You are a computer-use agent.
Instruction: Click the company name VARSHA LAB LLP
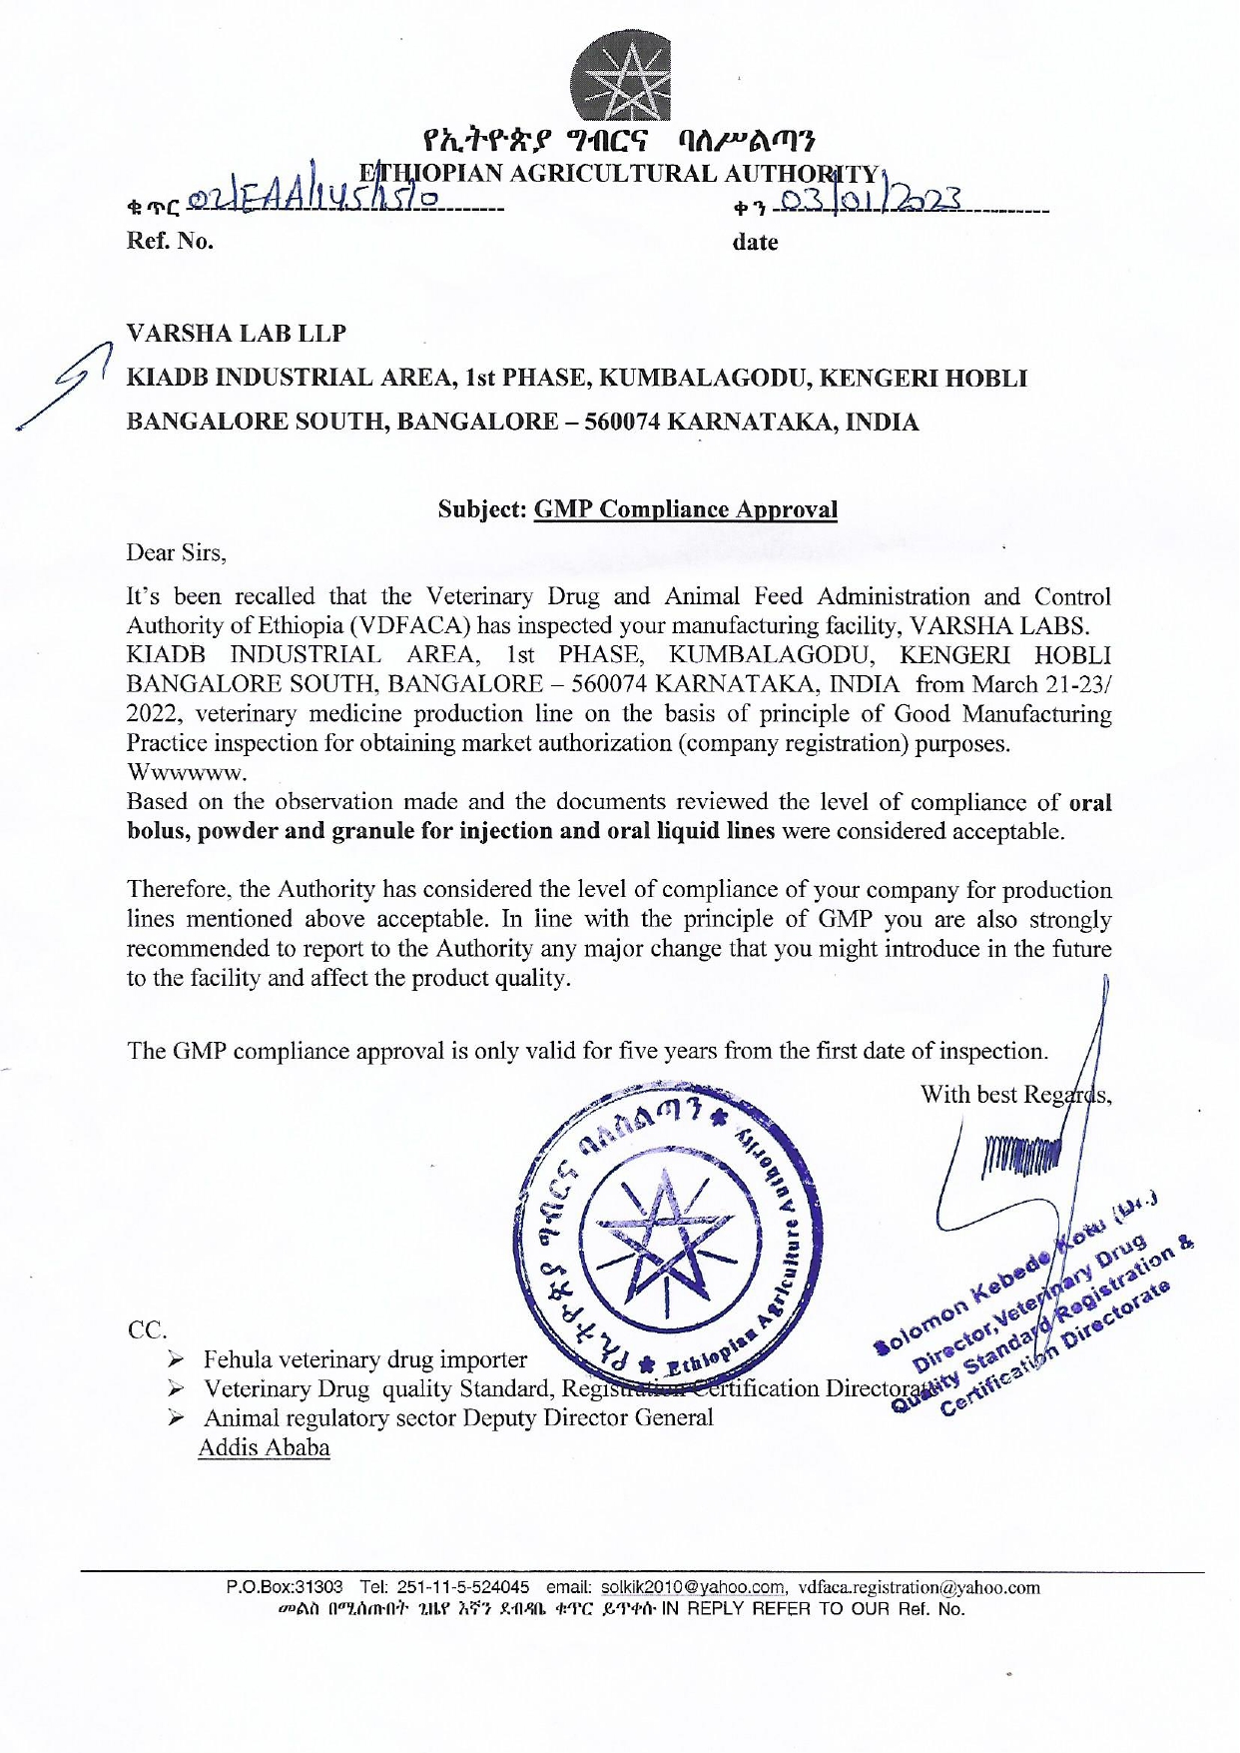click(x=237, y=334)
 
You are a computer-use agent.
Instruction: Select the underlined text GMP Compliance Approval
click(x=686, y=509)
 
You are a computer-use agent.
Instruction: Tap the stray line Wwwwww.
click(x=187, y=772)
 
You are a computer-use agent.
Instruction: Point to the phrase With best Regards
click(x=1015, y=1095)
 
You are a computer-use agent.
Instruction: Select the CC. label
click(x=148, y=1330)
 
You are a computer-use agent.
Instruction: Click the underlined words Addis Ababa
click(x=264, y=1447)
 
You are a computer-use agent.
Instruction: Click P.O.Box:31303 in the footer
click(x=285, y=1587)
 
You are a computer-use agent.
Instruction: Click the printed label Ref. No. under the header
click(x=170, y=242)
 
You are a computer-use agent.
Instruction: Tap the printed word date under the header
click(x=755, y=242)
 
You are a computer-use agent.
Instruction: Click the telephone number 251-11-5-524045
click(x=463, y=1587)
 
